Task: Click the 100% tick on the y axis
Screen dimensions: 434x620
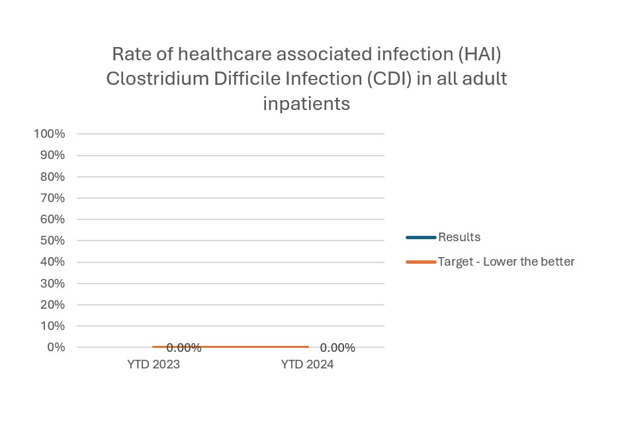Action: [x=49, y=134]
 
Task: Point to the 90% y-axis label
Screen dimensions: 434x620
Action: [x=52, y=155]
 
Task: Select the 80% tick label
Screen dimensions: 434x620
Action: [x=52, y=177]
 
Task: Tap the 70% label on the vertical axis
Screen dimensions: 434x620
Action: [x=52, y=198]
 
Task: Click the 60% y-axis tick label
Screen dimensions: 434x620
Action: [x=52, y=219]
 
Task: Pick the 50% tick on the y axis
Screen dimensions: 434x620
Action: [x=52, y=241]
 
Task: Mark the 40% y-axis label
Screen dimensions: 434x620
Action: [x=52, y=262]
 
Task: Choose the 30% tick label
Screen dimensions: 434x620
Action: [x=52, y=284]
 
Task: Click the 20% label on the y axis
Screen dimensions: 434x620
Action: [x=52, y=305]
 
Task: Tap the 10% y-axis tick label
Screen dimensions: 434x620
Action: [x=52, y=326]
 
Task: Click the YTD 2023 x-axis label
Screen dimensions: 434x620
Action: [x=154, y=365]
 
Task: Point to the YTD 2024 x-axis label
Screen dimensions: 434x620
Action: [x=307, y=365]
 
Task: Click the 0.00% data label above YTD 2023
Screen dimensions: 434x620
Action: [x=183, y=348]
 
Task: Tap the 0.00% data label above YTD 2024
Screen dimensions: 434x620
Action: [x=337, y=348]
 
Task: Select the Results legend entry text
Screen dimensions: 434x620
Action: [x=459, y=237]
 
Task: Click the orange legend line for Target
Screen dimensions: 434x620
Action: [x=421, y=262]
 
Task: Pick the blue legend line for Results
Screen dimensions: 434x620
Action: [x=421, y=237]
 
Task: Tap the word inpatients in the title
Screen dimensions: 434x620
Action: [x=306, y=104]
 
